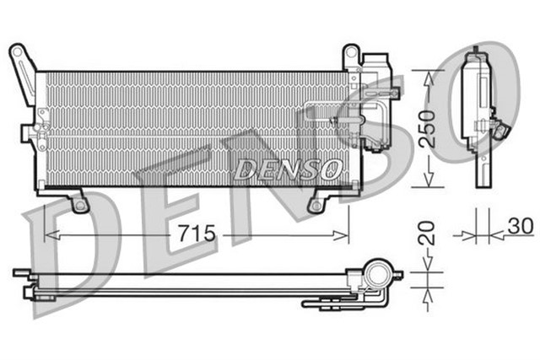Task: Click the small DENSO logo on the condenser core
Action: click(286, 169)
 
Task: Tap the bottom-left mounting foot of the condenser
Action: click(80, 203)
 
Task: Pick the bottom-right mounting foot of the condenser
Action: click(316, 203)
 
